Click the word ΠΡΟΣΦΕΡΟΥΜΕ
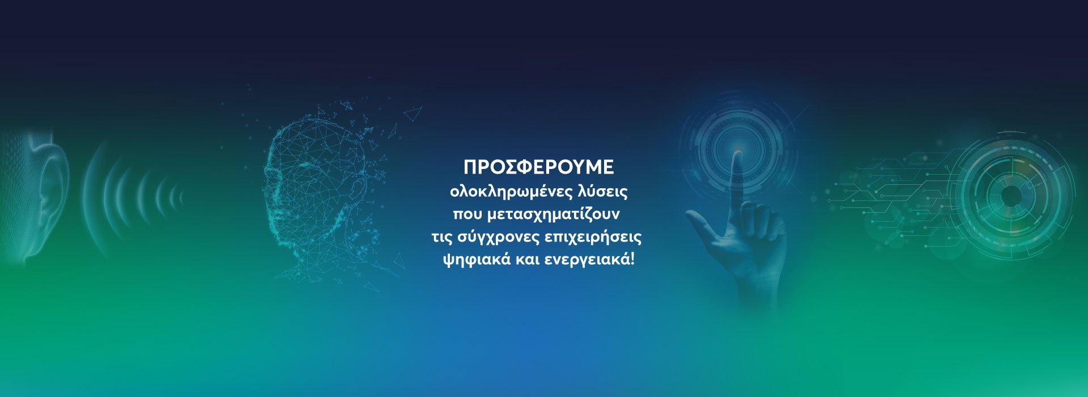(x=538, y=167)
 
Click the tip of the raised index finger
(x=737, y=153)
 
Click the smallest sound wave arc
(x=181, y=197)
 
